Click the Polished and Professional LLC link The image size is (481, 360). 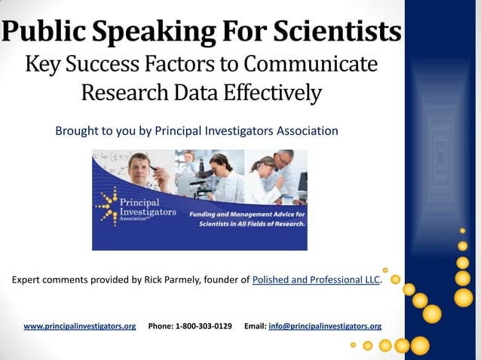pyautogui.click(x=317, y=280)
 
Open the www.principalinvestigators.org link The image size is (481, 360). pyautogui.click(x=80, y=326)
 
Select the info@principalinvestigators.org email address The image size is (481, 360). pyautogui.click(x=325, y=326)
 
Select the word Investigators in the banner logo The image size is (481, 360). pyautogui.click(x=148, y=214)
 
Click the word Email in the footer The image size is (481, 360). pyautogui.click(x=255, y=326)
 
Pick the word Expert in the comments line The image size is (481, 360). pyautogui.click(x=26, y=280)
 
